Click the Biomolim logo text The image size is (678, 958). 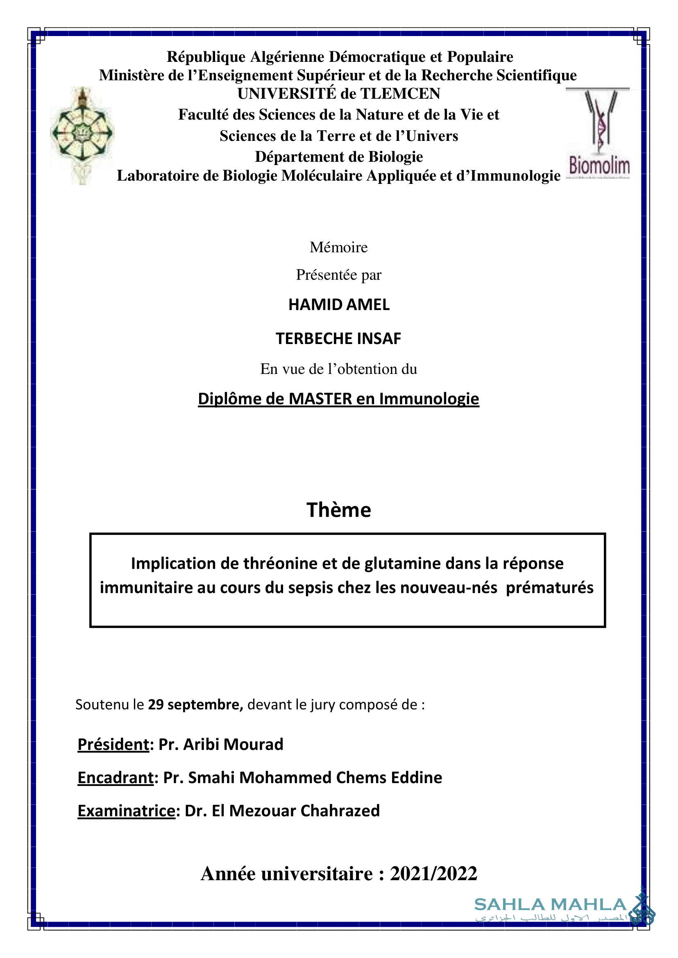pos(599,166)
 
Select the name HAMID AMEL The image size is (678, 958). pos(338,305)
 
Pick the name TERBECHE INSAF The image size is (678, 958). pos(338,339)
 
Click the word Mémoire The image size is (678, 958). pos(338,247)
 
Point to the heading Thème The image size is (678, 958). pos(338,510)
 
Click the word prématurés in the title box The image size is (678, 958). pos(549,588)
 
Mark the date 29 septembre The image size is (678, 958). pos(195,704)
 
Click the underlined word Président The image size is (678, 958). pos(113,744)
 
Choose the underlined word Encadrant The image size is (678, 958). pos(116,778)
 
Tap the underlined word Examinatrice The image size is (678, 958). pos(127,811)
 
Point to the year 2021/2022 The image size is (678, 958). pos(433,874)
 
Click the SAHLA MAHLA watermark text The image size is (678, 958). pos(550,905)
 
